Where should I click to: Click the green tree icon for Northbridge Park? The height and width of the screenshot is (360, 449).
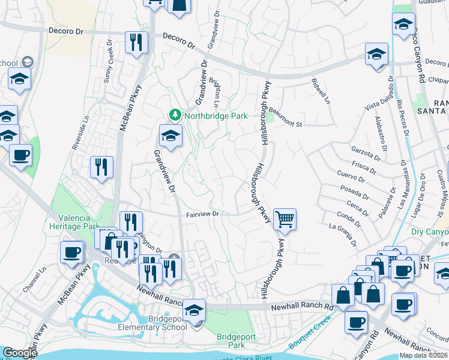point(175,114)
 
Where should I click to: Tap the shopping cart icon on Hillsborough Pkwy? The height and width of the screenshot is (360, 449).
point(285,219)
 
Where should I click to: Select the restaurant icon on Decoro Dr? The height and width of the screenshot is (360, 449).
point(136,42)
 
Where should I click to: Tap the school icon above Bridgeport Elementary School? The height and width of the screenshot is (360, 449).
point(194,310)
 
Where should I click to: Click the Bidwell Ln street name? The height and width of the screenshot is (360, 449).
point(321,90)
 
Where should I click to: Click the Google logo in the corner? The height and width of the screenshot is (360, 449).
point(20,353)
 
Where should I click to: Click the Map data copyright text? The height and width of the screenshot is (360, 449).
point(423,355)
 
